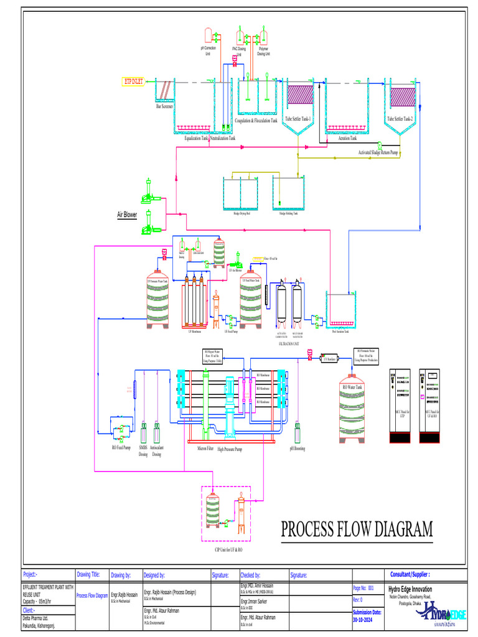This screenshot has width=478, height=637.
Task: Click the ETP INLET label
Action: (133, 81)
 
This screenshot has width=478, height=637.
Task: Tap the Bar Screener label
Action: (164, 106)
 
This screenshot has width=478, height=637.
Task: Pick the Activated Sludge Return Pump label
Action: (378, 152)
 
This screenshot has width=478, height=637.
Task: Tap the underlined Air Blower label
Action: (127, 215)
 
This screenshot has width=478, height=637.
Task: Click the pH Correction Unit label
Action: (208, 50)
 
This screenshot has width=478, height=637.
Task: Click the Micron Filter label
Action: (206, 448)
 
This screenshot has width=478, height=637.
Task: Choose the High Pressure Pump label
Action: (230, 448)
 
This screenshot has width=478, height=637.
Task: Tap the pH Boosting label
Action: (297, 448)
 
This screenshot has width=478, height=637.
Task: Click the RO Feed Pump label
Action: (121, 447)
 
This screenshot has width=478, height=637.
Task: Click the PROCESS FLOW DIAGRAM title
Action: (356, 529)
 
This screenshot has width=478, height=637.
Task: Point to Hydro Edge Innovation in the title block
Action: (410, 589)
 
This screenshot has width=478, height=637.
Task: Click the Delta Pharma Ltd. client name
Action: (37, 619)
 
